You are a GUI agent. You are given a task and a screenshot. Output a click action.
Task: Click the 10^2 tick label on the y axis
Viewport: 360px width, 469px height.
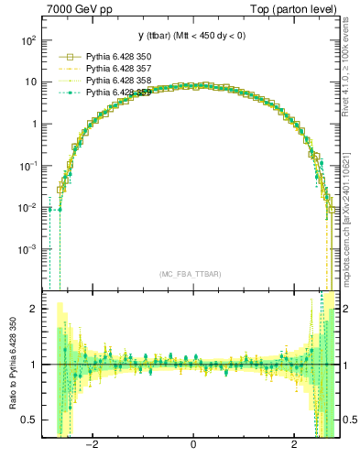pyautogui.click(x=28, y=40)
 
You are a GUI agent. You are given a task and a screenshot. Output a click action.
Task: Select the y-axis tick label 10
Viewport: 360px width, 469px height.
pyautogui.click(x=31, y=82)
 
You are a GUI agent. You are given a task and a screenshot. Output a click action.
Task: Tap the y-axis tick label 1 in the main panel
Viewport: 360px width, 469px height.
pyautogui.click(x=34, y=125)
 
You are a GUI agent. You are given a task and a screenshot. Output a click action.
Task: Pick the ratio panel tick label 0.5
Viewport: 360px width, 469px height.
pyautogui.click(x=29, y=420)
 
